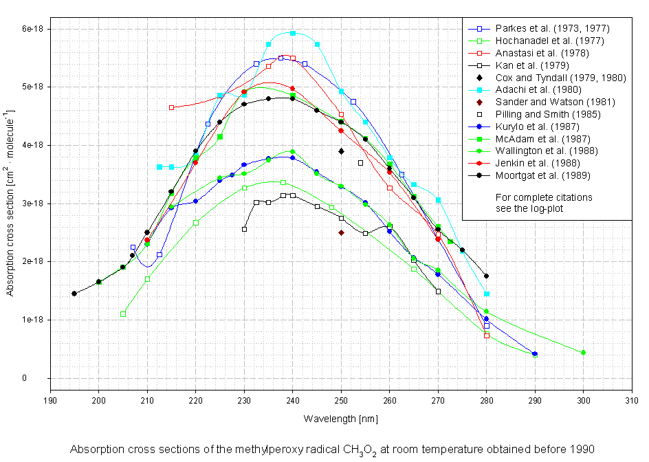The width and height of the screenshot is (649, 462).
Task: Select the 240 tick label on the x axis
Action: coord(292,400)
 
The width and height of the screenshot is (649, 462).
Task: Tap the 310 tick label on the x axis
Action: coord(632,400)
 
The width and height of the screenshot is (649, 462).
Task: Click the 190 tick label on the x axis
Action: coord(50,400)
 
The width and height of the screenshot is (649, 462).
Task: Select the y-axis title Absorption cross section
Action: coord(11,203)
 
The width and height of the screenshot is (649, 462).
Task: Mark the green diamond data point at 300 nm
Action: coord(583,353)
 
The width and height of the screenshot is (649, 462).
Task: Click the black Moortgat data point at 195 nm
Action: coord(74,294)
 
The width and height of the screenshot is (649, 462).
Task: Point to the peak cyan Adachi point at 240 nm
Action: coord(293,33)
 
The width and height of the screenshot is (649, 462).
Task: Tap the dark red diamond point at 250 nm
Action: coord(341,232)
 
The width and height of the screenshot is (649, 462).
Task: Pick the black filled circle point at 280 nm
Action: coord(486,276)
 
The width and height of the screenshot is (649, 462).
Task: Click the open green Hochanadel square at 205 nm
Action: coord(123,314)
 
